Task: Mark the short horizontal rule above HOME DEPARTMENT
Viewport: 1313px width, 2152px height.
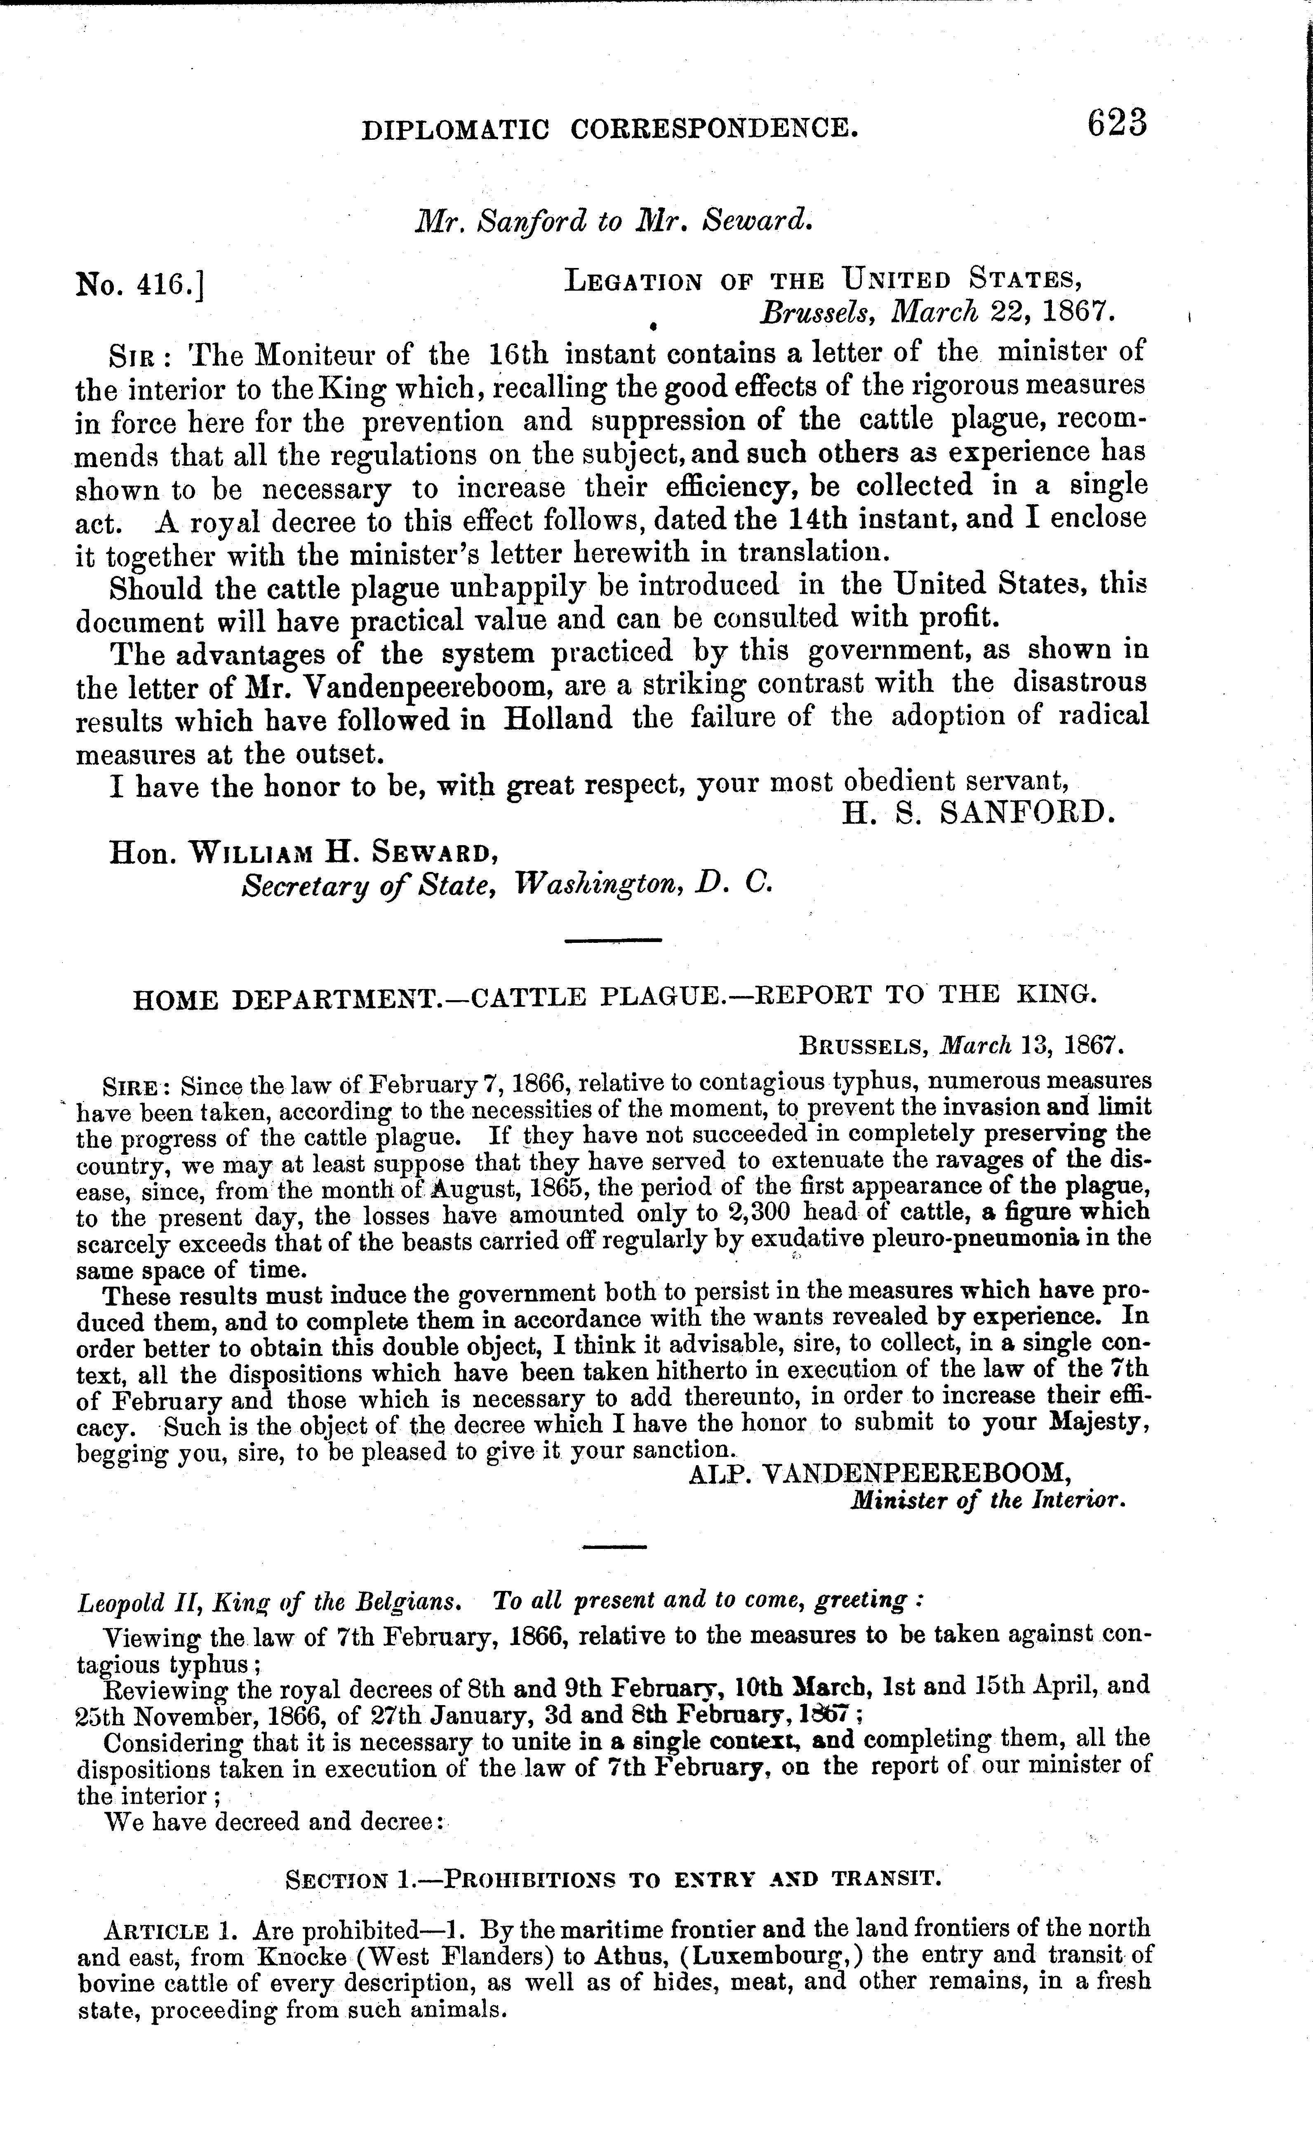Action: click(x=612, y=940)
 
